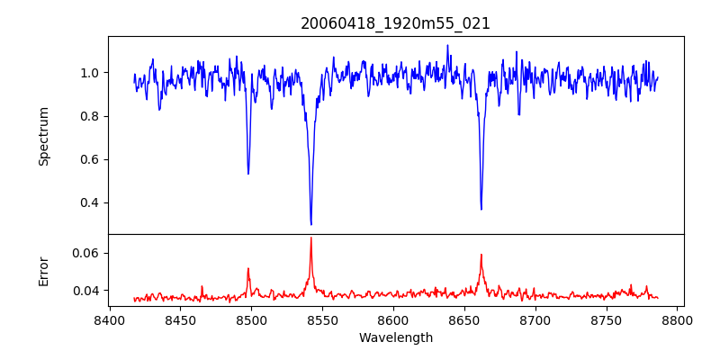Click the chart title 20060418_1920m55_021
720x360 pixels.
tap(395, 23)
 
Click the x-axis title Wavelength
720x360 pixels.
tap(395, 337)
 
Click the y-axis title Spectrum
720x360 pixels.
tap(44, 136)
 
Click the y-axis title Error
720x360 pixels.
tap(44, 271)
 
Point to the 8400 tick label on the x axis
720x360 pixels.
tap(109, 319)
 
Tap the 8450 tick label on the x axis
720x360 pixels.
tap(180, 319)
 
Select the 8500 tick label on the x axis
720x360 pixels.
tap(251, 319)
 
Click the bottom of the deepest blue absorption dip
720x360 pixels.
tap(311, 224)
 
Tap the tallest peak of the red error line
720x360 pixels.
tap(311, 238)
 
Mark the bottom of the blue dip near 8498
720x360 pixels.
tap(248, 174)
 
